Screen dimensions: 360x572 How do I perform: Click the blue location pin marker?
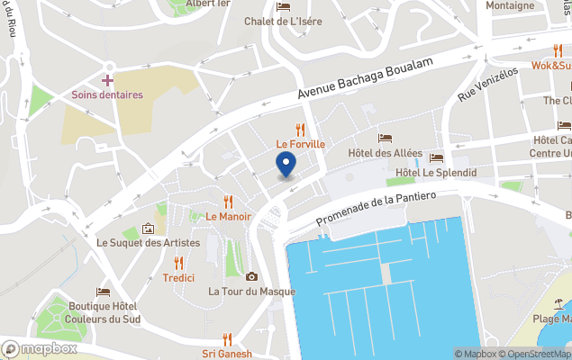(285, 165)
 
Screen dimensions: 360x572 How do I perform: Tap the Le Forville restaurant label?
(300, 144)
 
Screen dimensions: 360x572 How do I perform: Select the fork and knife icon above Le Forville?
(300, 130)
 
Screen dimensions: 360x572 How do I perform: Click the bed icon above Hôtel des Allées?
(385, 139)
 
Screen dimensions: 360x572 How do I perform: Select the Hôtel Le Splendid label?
(436, 173)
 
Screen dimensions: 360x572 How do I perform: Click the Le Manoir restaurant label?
(227, 216)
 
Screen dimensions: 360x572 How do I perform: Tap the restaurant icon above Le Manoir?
(228, 202)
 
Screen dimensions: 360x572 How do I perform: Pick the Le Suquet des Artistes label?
(149, 243)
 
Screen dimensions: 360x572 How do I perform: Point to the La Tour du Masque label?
(251, 291)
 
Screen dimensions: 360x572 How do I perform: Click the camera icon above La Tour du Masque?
(251, 276)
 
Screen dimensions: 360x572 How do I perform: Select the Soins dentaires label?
(107, 94)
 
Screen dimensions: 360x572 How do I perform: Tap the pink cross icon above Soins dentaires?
(107, 81)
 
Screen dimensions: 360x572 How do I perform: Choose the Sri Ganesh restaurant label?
(227, 353)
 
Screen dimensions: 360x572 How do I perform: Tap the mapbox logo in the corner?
(40, 348)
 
